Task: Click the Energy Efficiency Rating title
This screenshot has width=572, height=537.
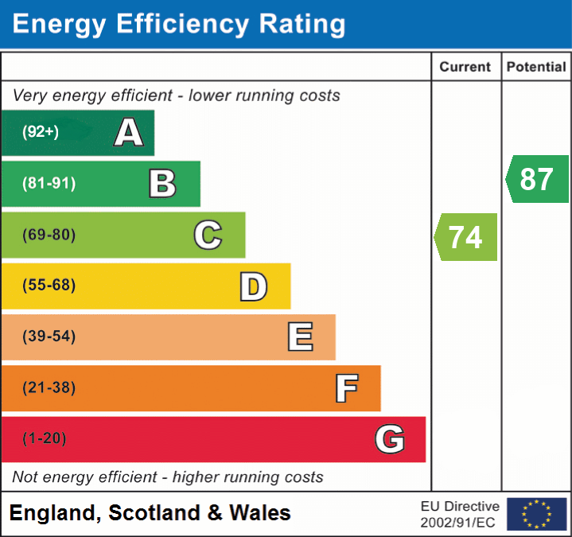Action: tap(179, 24)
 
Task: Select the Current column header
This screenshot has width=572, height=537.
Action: tap(465, 68)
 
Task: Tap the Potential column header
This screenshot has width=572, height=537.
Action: tap(536, 68)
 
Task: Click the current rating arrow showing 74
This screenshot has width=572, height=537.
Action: tap(467, 237)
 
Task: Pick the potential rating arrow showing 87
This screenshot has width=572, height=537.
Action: tap(538, 179)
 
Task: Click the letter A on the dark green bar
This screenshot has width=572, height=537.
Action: tap(128, 133)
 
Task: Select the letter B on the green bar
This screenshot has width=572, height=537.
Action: tap(162, 184)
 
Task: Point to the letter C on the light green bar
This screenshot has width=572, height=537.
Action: tap(208, 235)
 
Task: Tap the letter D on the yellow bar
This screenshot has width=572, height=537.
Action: tap(253, 286)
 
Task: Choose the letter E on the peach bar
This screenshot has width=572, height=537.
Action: tap(299, 337)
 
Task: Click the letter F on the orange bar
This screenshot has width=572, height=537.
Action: tap(345, 388)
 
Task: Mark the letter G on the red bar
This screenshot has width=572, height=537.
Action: tap(390, 439)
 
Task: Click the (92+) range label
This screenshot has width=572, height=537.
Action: tap(41, 132)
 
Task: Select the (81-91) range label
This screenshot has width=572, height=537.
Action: tap(49, 184)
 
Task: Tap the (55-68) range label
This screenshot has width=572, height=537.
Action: tap(49, 286)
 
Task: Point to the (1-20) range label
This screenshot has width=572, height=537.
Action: tap(45, 438)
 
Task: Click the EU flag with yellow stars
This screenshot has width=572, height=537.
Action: tap(536, 514)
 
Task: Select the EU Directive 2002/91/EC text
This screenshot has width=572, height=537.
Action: tap(460, 514)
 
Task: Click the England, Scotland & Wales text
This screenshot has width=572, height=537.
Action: tap(150, 513)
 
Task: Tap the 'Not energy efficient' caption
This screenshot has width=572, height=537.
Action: tap(168, 477)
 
